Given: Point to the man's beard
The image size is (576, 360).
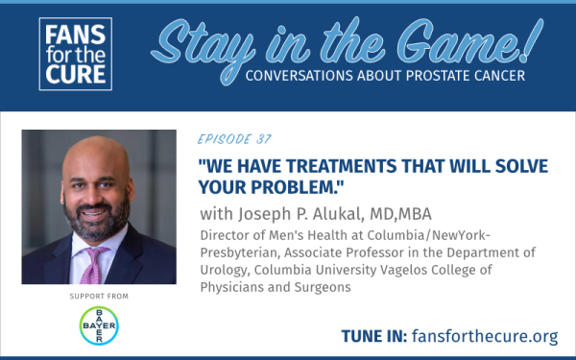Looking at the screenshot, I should [99, 231].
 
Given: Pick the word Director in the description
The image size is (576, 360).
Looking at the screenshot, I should [228, 232].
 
